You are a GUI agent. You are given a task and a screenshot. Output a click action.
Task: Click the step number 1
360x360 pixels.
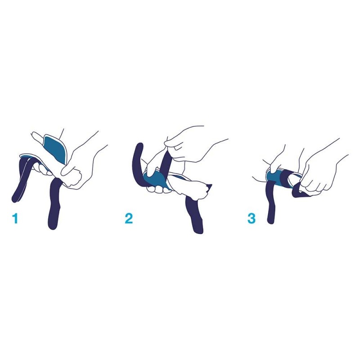(x=15, y=218)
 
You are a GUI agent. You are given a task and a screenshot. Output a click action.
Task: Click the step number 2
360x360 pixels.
(x=129, y=218)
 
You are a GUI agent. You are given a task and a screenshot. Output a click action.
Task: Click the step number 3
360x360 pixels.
(x=252, y=218)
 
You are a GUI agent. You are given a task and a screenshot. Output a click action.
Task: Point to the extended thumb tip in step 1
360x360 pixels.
(x=34, y=134)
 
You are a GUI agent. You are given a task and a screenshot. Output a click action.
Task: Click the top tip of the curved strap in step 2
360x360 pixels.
(x=140, y=144)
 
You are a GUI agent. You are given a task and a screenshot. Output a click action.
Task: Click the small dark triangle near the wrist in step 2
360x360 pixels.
(x=209, y=188)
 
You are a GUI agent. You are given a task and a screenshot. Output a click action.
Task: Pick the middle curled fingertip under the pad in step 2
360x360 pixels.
(x=158, y=189)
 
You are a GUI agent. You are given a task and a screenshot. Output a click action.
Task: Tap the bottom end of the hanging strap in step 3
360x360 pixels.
(x=271, y=221)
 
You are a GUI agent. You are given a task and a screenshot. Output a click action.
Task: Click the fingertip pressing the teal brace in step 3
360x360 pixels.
(x=272, y=171)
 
